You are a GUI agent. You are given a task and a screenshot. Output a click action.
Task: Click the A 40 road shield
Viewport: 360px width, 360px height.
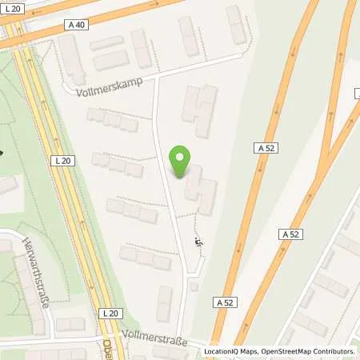tap(78, 25)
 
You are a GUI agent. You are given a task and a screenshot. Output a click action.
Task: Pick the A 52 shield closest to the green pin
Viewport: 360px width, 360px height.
tap(265, 148)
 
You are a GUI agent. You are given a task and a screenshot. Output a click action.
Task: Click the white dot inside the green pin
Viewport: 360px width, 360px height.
tap(182, 158)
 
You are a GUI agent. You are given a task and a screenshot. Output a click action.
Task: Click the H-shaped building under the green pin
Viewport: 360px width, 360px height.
tap(200, 189)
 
